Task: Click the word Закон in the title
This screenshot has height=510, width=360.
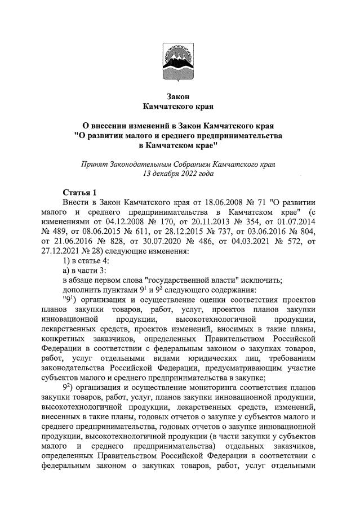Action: (x=180, y=95)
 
